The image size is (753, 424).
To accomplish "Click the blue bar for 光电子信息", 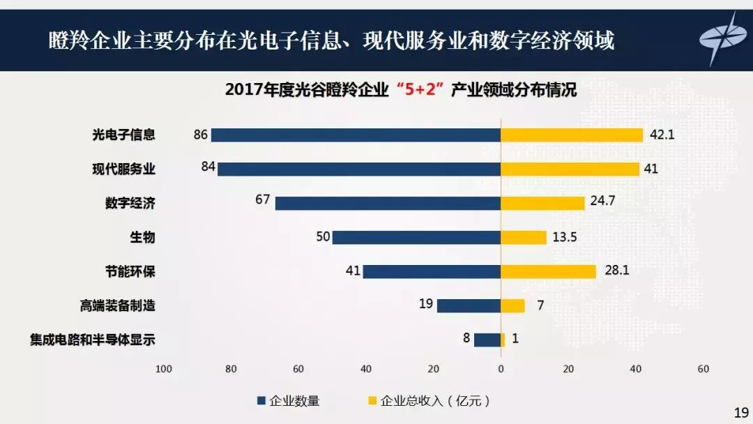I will coord(356,135).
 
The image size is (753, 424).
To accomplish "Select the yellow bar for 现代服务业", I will coord(570,169).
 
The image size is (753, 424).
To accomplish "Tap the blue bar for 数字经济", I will coord(388,203).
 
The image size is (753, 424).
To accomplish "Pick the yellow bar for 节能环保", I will coord(548,271).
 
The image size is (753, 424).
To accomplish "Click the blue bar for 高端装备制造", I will coord(469,305).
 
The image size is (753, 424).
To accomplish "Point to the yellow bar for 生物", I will coord(523,237).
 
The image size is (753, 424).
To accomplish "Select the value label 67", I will coord(262,199).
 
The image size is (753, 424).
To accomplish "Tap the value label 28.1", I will coord(616,271).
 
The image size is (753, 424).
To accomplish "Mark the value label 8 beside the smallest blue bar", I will coord(466,338).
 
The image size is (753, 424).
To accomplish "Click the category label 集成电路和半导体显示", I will coord(92,340).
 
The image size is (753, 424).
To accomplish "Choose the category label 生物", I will coord(142,238).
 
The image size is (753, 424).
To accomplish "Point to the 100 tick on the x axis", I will coord(164,369).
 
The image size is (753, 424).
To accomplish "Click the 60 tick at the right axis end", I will coord(703,369).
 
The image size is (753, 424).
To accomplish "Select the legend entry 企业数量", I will coord(289,401).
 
